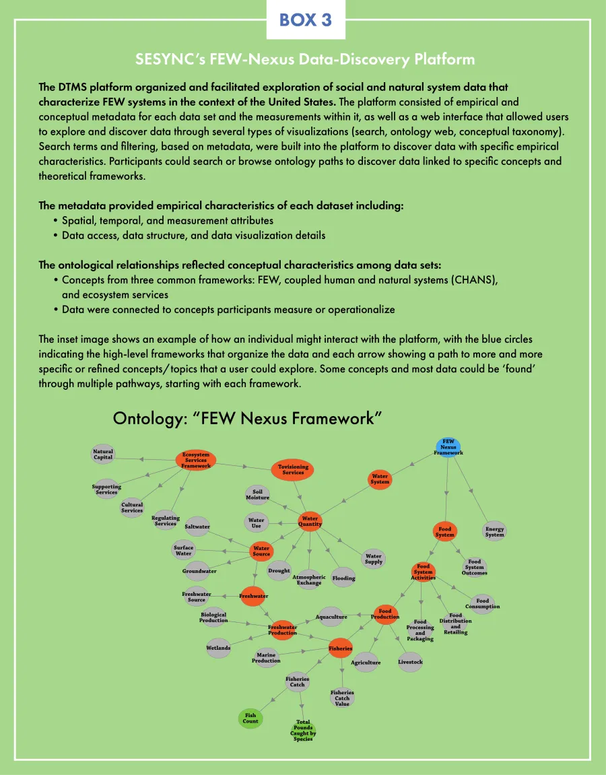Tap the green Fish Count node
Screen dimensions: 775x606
point(250,718)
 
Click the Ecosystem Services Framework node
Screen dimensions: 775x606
point(196,460)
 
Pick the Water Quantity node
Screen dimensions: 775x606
point(310,521)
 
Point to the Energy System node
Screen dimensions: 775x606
point(494,531)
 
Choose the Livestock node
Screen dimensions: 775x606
point(410,662)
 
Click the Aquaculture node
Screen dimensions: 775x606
point(332,616)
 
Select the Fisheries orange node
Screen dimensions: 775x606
point(340,648)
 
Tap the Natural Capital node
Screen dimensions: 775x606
point(103,454)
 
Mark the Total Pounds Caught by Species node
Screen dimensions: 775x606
point(303,730)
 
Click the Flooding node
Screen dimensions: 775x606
point(343,577)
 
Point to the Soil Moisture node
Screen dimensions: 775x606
point(257,494)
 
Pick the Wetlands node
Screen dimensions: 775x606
point(218,648)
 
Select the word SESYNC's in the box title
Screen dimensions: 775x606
point(166,59)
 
